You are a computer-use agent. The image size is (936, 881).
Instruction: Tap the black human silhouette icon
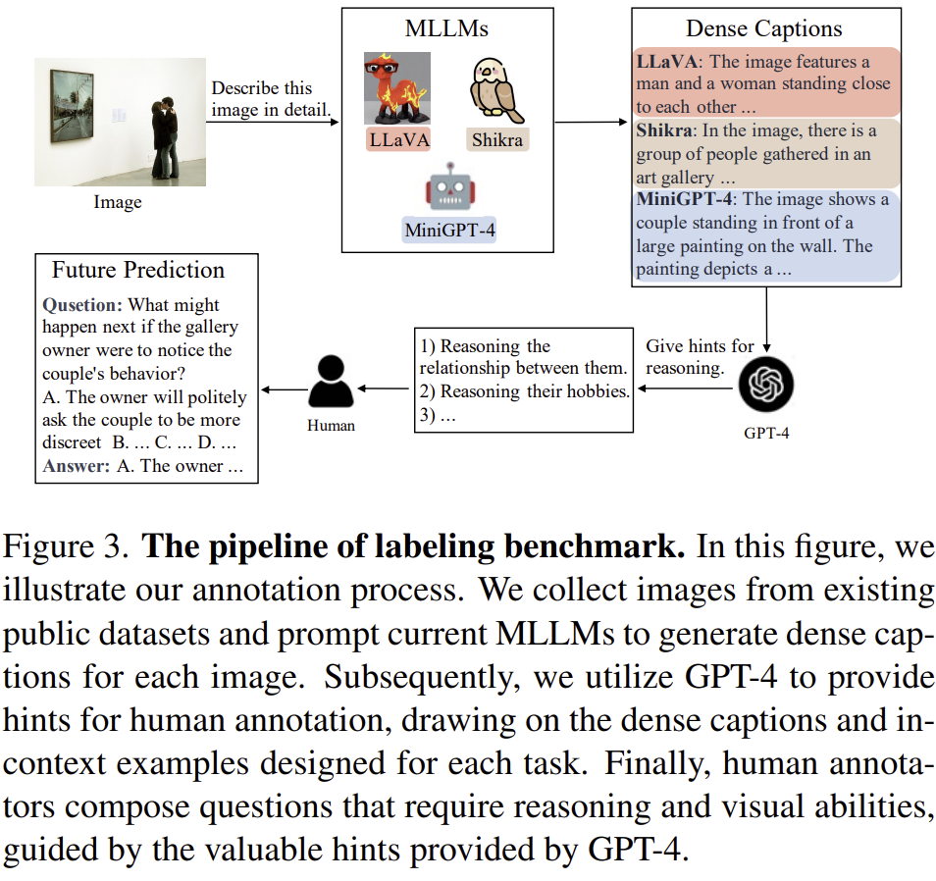[x=330, y=382]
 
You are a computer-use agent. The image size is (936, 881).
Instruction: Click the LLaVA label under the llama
[x=398, y=139]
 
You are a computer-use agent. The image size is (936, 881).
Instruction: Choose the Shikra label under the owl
[x=496, y=139]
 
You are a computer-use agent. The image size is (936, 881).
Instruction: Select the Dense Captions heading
[x=764, y=28]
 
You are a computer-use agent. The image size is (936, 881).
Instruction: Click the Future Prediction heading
[x=138, y=270]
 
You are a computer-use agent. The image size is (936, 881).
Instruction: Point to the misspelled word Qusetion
[x=82, y=305]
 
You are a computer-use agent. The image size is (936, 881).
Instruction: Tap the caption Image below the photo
[x=118, y=203]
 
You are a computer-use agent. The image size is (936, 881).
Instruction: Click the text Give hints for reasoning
[x=699, y=357]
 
